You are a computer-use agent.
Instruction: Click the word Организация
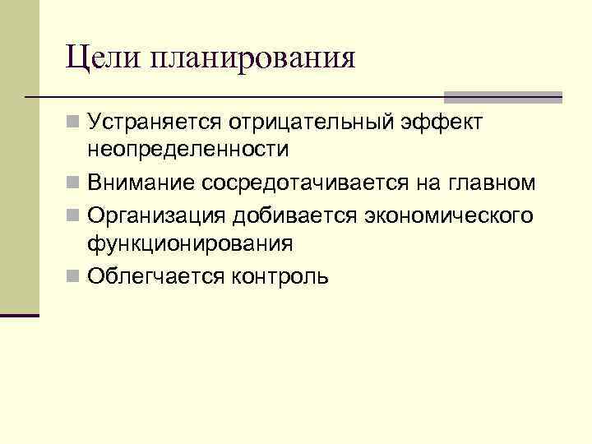(x=155, y=215)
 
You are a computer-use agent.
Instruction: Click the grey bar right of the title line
(x=503, y=97)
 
